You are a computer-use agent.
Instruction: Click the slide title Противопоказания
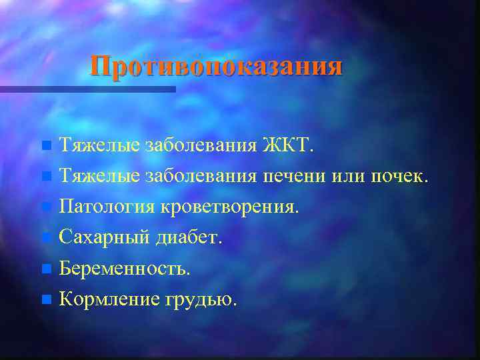tap(217, 67)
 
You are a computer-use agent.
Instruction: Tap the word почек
tap(399, 177)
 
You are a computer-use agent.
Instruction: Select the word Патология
tap(107, 207)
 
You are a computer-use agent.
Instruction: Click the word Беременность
tap(125, 269)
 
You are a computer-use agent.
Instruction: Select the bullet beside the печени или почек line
tap(45, 177)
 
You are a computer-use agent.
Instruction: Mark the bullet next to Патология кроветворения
tap(45, 207)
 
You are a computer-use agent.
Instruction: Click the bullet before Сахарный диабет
tap(45, 238)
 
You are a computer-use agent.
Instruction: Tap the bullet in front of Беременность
tap(45, 269)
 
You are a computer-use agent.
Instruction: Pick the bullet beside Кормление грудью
tap(45, 300)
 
